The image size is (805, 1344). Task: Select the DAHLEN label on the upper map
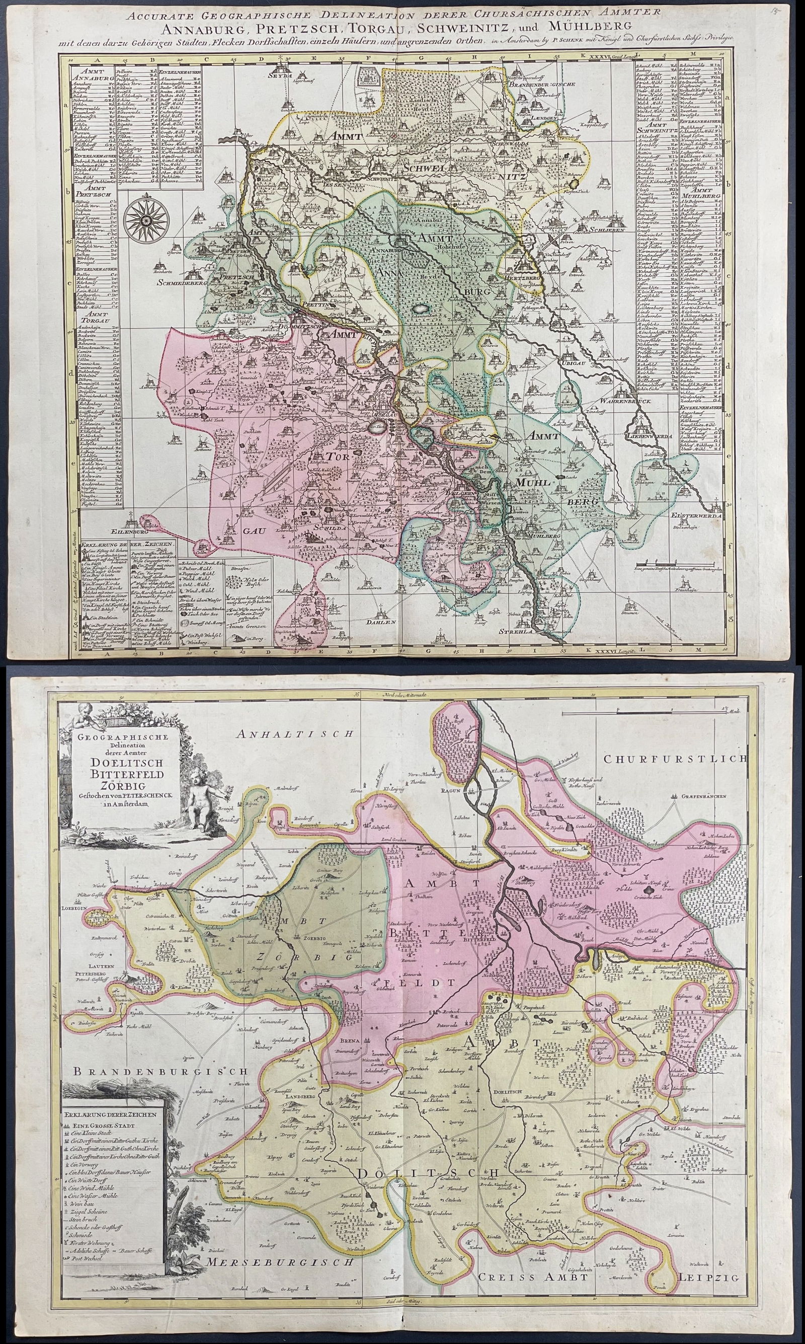tap(384, 622)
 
